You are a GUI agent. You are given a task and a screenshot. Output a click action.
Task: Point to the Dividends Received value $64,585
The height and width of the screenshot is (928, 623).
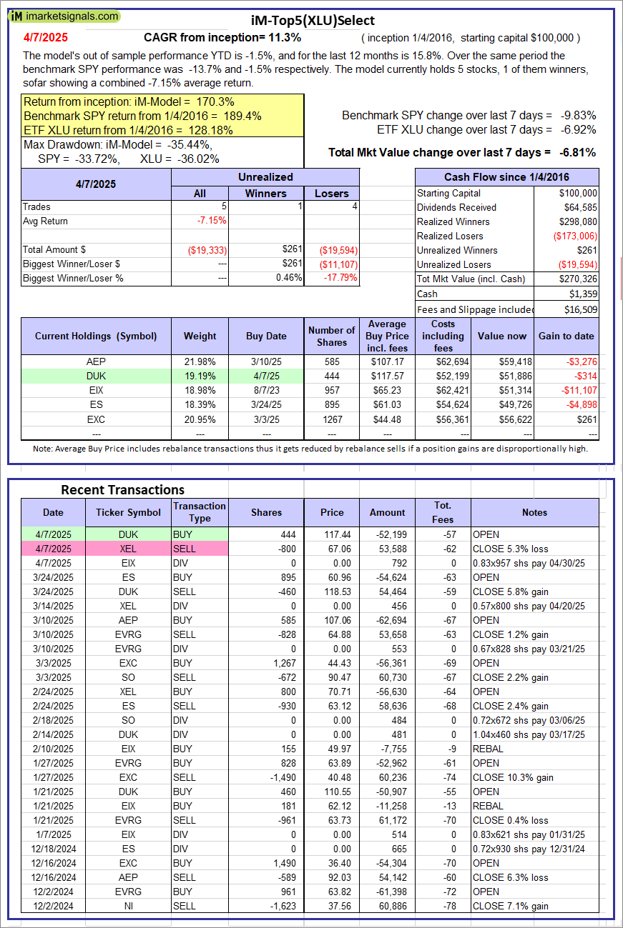[579, 207]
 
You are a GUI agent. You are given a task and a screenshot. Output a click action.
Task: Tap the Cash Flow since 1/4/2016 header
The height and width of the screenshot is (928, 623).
[506, 177]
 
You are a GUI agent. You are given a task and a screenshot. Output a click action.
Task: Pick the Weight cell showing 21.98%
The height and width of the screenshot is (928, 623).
[200, 361]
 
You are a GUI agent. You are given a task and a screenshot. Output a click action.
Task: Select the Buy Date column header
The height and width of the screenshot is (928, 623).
[266, 336]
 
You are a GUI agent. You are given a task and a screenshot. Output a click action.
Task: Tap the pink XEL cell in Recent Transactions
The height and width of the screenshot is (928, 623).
[128, 549]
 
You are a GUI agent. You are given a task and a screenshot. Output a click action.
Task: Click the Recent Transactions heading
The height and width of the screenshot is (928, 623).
[122, 489]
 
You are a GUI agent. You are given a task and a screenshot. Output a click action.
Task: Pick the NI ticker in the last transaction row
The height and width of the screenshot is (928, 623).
[128, 906]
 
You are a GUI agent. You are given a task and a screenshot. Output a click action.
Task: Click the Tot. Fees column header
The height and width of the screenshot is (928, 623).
[442, 512]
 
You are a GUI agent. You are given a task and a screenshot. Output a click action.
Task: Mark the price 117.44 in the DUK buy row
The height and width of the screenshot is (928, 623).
[330, 534]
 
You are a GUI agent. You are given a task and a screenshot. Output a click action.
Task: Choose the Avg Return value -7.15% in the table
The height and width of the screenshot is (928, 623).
[212, 221]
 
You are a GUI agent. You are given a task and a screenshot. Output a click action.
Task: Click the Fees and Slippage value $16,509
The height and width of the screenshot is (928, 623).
[579, 309]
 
